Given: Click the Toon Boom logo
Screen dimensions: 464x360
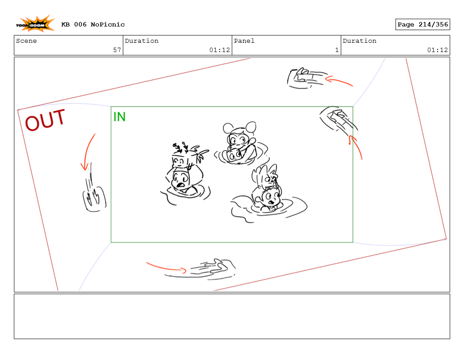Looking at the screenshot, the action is pos(35,24).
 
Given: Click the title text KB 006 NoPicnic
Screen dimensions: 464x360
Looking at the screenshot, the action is pos(93,25).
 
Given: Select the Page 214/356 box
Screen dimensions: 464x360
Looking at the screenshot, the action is pos(423,24).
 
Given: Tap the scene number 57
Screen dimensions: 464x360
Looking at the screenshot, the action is pos(117,50).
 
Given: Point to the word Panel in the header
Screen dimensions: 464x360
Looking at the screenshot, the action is pos(244,41).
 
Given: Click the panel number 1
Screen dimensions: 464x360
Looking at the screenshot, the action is pos(337,50).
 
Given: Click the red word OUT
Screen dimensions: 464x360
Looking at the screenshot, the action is pos(45,120).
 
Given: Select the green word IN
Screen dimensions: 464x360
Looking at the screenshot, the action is pos(120,117).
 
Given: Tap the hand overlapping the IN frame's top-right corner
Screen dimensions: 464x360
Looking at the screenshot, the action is pos(339,119).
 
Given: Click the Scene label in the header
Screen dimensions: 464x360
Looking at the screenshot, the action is pos(26,41).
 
